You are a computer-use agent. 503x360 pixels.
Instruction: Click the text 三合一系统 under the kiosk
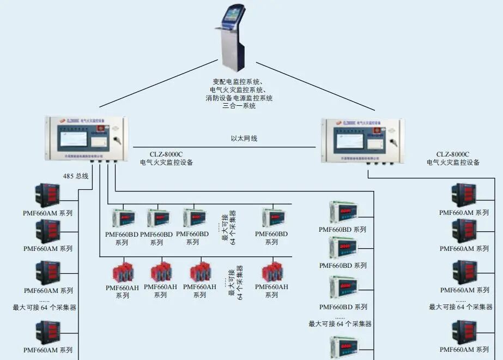[x=239, y=106]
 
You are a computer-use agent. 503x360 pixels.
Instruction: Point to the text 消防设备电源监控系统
[x=239, y=98]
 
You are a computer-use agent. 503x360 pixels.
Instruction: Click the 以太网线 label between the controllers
[x=244, y=139]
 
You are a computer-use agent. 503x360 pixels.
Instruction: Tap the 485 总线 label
[x=75, y=176]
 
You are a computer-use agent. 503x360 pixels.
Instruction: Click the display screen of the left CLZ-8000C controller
[x=73, y=139]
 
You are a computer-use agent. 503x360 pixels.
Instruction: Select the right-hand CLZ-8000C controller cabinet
[x=362, y=140]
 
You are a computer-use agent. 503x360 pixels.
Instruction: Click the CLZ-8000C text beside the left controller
[x=166, y=154]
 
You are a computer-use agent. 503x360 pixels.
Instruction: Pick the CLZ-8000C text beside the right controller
[x=453, y=154]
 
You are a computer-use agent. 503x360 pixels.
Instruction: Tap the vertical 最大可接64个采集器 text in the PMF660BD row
[x=229, y=227]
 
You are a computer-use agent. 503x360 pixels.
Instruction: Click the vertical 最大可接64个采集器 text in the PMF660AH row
[x=236, y=283]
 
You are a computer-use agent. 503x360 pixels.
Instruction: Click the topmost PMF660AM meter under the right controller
[x=464, y=195]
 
